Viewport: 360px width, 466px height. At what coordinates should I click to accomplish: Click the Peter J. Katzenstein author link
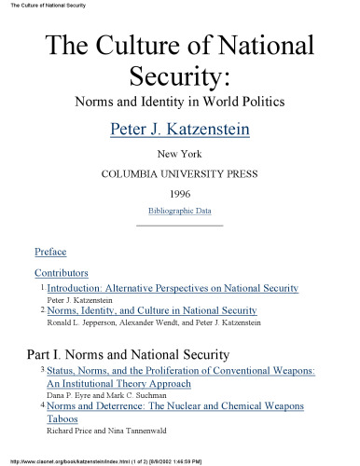[x=180, y=127]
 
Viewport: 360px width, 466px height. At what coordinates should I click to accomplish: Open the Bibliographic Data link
[x=180, y=211]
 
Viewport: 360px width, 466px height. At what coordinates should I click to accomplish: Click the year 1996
[x=180, y=193]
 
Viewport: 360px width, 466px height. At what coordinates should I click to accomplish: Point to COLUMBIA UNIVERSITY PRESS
[x=180, y=173]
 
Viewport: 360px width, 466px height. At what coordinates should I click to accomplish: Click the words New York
[x=180, y=154]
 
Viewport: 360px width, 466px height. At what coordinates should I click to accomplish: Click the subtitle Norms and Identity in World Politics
[x=180, y=98]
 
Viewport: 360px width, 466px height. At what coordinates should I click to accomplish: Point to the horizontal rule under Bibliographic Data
[x=180, y=225]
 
